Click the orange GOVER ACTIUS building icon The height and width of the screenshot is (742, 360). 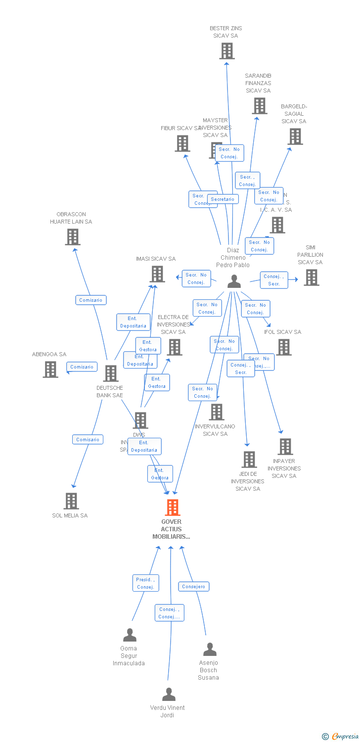pos(173,508)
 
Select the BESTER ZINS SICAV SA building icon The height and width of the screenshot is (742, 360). pos(226,51)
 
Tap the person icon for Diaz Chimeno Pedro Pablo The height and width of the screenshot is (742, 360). pos(234,281)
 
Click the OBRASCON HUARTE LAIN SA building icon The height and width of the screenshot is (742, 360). pos(73,237)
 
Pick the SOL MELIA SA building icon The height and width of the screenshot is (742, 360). pos(71,501)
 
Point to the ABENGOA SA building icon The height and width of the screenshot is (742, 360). pos(50,369)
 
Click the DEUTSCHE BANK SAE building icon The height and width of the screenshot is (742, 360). pos(111,373)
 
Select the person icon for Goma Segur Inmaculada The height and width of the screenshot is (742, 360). pos(130,635)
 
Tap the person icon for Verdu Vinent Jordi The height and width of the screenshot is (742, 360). pos(169,694)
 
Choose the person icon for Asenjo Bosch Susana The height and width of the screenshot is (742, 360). pos(210,649)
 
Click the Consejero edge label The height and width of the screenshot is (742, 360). pos(194,587)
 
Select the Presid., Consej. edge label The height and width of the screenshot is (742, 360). pos(145,583)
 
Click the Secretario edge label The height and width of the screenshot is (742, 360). pos(223,199)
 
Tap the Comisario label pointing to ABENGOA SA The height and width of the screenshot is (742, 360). pos(82,367)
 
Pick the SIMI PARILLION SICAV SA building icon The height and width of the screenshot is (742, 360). pos(311,278)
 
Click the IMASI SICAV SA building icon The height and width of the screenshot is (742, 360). pos(157,274)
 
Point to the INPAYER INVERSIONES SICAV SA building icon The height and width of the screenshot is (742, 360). pos(285,447)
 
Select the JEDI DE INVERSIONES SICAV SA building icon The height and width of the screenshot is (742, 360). pos(249,460)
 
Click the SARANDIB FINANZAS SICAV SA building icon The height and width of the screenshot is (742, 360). pos(259,106)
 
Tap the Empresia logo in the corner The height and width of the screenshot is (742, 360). pos(341,737)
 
